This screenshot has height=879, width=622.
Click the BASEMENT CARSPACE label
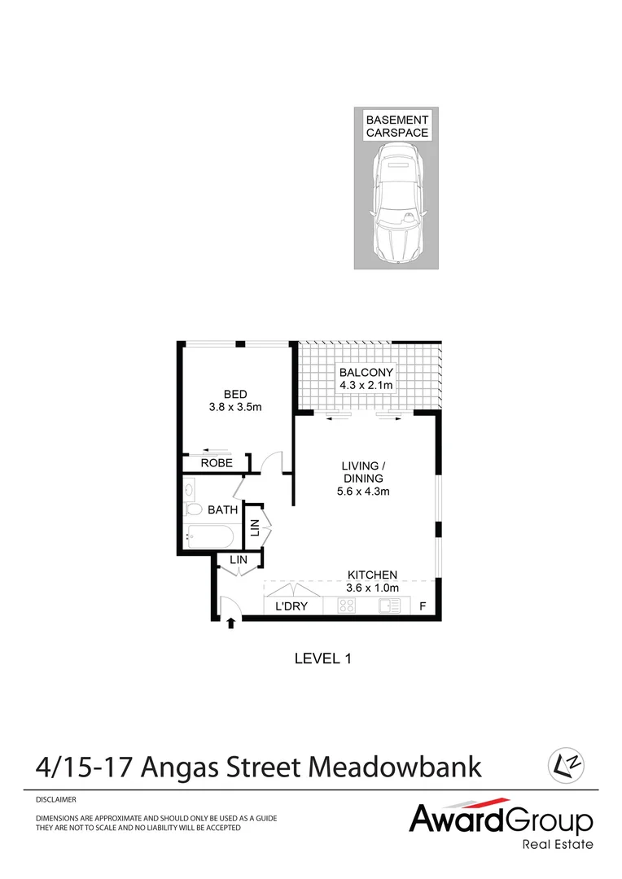tap(397, 126)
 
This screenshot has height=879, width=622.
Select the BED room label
tap(235, 394)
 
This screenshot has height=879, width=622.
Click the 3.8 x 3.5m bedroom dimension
tap(235, 408)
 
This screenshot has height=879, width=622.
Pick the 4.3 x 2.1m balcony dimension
tap(366, 385)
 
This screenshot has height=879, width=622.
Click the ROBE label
tap(217, 463)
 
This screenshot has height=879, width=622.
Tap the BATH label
tap(222, 510)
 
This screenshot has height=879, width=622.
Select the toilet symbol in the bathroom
tap(193, 509)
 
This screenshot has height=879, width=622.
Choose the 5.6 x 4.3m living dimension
tap(362, 492)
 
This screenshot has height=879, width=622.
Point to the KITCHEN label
tap(373, 575)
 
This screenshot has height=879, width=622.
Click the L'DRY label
tap(290, 606)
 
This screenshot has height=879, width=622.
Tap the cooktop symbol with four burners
tap(347, 606)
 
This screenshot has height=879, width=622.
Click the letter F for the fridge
tap(422, 606)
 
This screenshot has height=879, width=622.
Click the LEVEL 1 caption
tap(322, 658)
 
